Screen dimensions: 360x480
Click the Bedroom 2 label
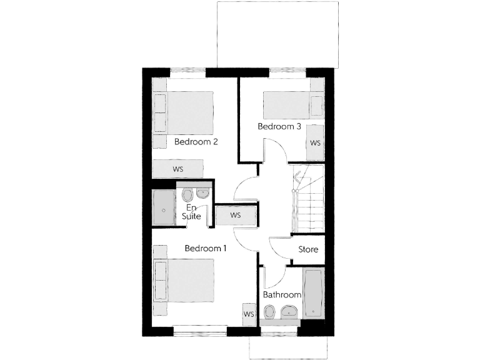click(x=196, y=141)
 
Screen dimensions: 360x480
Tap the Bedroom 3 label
click(x=279, y=126)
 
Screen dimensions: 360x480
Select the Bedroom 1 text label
click(x=205, y=248)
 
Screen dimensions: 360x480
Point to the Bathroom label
click(x=282, y=294)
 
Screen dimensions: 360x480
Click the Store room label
click(x=308, y=249)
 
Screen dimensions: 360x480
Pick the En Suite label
click(x=191, y=211)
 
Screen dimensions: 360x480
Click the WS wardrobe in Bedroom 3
click(x=315, y=142)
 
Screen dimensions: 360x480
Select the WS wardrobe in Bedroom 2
click(x=178, y=169)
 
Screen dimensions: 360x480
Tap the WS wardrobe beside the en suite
click(x=236, y=215)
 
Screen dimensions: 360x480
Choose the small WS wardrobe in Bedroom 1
click(x=248, y=314)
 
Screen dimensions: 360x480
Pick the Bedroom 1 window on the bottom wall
click(x=199, y=331)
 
